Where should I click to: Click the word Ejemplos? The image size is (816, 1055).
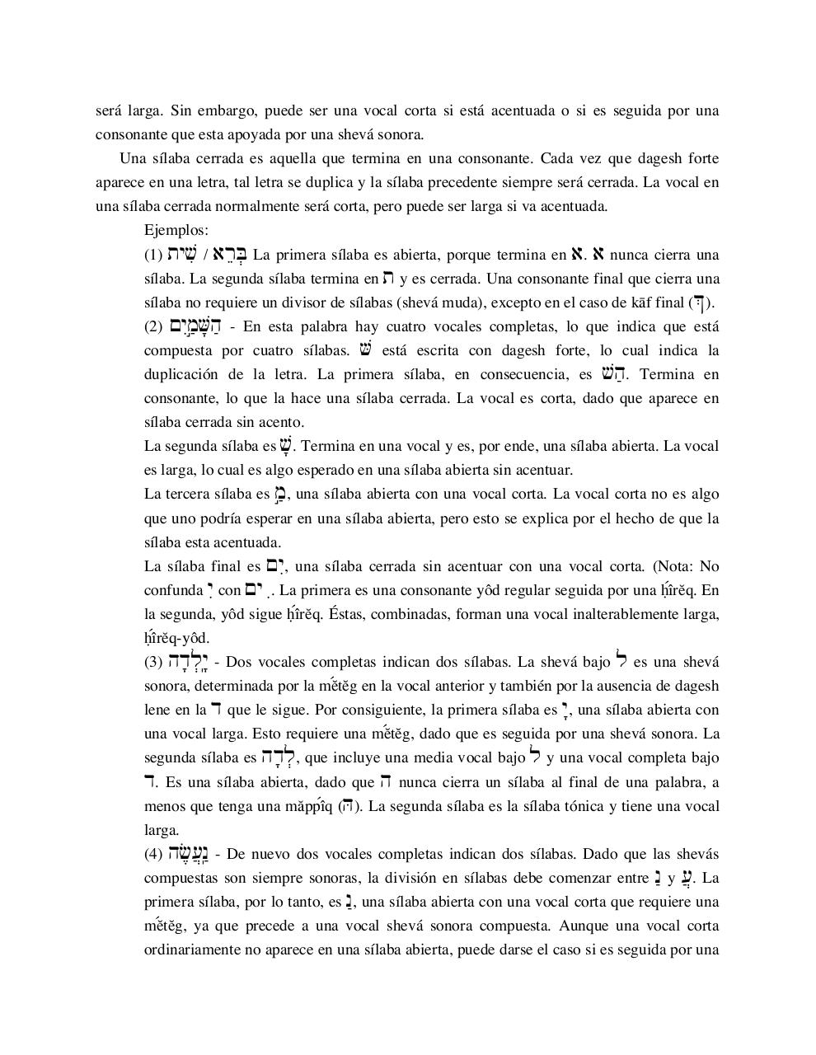point(176,230)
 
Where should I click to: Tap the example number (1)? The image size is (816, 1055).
point(153,255)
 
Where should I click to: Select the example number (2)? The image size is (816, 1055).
point(153,326)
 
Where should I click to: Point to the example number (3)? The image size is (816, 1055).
point(153,662)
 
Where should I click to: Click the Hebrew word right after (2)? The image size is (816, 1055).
point(190,326)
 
